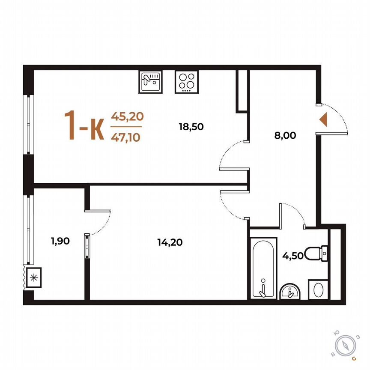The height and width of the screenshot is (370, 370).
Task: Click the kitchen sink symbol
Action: coord(150,81)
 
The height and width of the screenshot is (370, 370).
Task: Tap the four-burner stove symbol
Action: coord(187,82)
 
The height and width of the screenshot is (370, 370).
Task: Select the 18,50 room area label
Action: coord(191,126)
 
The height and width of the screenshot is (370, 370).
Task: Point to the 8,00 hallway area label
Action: coord(285,136)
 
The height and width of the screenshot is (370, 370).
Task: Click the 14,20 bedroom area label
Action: coord(170,242)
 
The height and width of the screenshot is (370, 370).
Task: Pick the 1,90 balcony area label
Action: coord(60,241)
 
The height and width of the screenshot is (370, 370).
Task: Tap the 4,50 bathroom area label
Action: coord(291,257)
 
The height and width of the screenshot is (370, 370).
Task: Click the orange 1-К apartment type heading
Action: coord(84,125)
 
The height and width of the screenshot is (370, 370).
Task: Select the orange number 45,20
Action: coord(127,116)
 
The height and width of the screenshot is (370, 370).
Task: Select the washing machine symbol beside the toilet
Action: coord(318,290)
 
